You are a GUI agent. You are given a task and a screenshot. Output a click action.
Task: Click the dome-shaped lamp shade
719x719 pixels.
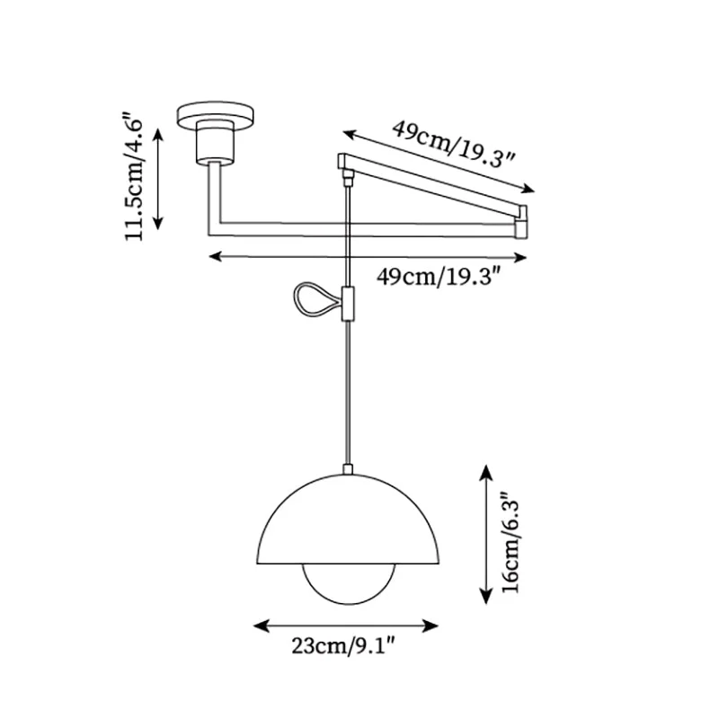click(346, 521)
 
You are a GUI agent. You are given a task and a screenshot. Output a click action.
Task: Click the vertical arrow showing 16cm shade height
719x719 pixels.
click(485, 534)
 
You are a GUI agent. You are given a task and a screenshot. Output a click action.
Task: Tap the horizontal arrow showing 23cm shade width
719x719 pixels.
click(345, 625)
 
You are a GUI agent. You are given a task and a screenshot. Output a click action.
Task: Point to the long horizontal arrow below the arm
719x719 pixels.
click(368, 257)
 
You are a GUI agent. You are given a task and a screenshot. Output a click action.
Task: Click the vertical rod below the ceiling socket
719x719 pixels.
click(211, 193)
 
